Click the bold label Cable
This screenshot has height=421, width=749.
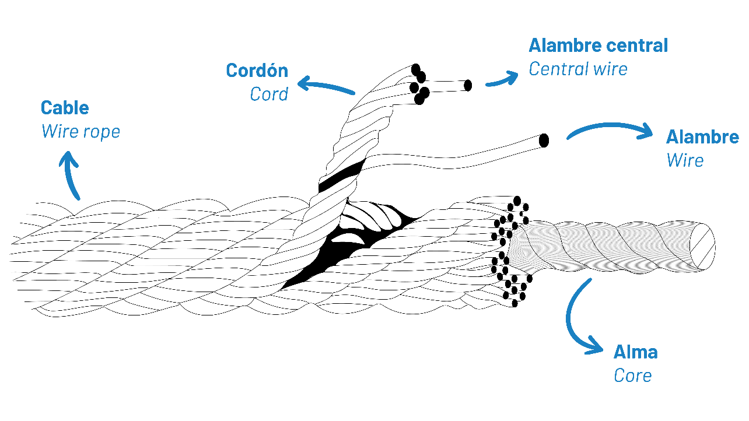[x=65, y=108]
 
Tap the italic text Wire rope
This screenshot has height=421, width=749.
[x=80, y=132]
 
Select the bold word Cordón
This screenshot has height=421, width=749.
[x=257, y=71]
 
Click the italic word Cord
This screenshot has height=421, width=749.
[x=269, y=94]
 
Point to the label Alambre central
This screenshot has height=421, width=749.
[x=598, y=45]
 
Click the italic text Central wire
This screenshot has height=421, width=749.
[x=577, y=69]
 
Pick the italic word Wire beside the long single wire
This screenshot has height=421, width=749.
[x=685, y=160]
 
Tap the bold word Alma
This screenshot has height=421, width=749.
[x=635, y=352]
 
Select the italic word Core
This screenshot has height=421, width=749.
[x=632, y=376]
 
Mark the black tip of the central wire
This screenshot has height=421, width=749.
[x=467, y=86]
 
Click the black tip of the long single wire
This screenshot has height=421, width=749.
[x=544, y=141]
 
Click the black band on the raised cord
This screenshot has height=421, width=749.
[x=341, y=176]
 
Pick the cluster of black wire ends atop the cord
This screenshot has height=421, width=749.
[x=419, y=85]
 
